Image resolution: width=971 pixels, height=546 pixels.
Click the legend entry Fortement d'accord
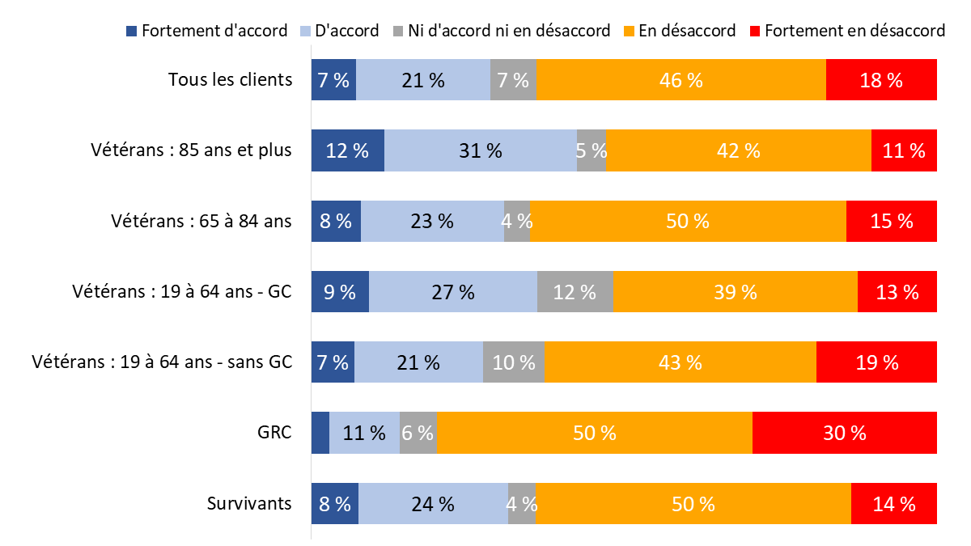206,31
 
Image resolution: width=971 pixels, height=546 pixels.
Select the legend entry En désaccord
679,31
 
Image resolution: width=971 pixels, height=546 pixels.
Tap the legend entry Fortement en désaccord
846,31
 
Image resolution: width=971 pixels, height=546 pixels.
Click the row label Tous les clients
230,79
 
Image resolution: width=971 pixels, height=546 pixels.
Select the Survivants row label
248,503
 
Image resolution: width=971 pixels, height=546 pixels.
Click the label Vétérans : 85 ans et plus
191,150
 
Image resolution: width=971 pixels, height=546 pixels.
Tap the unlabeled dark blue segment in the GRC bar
320,433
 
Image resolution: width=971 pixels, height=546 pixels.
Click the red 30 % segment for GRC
844,433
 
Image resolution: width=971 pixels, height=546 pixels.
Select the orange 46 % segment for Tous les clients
681,79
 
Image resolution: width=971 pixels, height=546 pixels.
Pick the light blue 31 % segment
480,150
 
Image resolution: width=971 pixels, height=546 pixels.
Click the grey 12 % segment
575,291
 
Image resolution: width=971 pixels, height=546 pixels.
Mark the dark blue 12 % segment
348,150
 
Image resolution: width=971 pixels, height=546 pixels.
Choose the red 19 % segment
876,362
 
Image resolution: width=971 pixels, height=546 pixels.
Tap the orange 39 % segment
735,291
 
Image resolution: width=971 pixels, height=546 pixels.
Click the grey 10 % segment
514,362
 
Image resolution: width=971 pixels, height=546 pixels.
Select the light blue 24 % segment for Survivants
433,503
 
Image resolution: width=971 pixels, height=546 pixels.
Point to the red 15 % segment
891,221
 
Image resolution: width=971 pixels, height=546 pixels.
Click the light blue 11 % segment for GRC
364,433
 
